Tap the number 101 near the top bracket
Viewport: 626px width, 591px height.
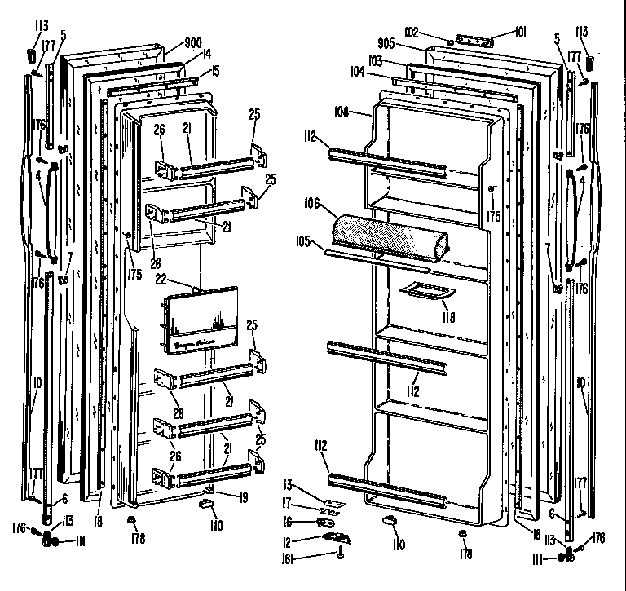521,33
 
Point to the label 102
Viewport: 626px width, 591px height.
411,33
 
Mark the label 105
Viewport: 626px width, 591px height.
304,242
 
